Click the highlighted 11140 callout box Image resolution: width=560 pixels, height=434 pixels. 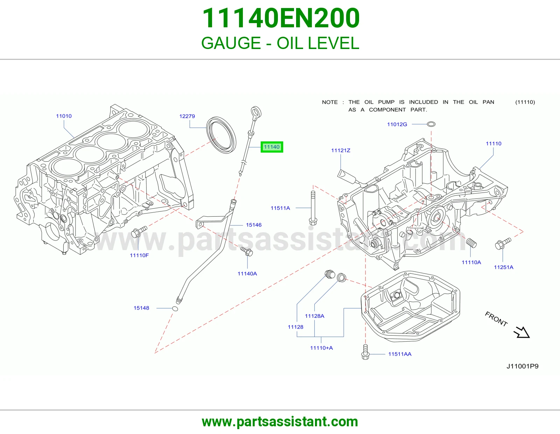click(272, 147)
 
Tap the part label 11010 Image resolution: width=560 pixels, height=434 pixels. click(64, 116)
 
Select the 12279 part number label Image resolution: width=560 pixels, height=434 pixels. click(187, 116)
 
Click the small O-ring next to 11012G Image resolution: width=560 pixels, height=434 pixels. click(431, 124)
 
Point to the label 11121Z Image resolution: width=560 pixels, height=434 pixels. click(341, 150)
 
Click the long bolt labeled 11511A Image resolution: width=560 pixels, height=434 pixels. click(313, 208)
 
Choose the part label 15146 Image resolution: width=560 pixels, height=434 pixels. click(254, 225)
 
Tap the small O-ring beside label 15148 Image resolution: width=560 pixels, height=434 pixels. click(175, 308)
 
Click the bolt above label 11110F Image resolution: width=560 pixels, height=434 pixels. click(139, 231)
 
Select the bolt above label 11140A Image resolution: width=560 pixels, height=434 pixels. click(247, 251)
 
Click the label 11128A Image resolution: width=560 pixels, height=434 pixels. click(314, 316)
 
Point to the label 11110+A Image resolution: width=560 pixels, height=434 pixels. click(321, 348)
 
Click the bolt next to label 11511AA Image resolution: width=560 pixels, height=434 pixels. click(365, 352)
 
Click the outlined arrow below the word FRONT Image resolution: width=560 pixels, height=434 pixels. click(522, 332)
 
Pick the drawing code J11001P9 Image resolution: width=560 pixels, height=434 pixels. click(522, 366)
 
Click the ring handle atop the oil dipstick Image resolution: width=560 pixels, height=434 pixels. click(256, 112)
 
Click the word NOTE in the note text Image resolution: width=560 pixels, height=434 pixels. click(330, 102)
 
